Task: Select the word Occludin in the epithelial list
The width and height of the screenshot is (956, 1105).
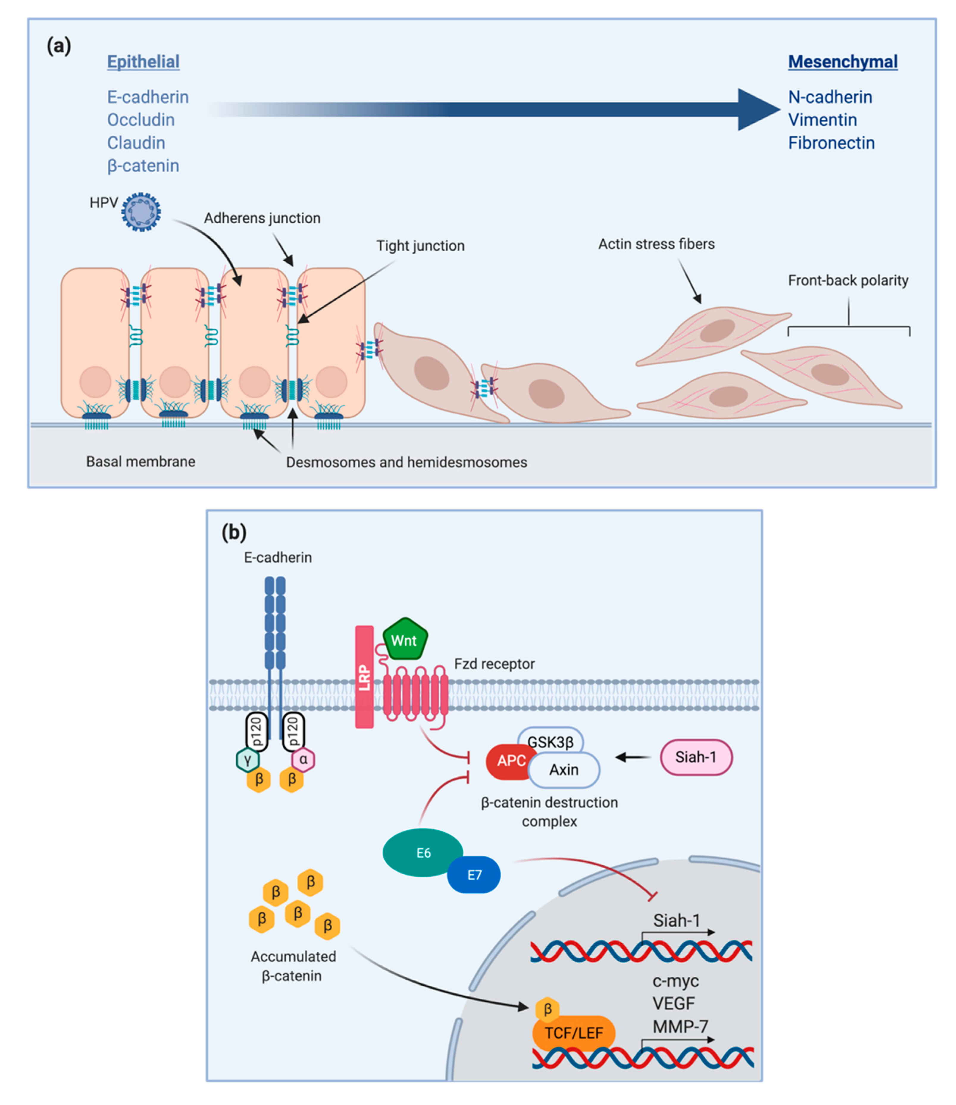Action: point(141,120)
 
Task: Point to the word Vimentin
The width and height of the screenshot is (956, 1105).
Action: point(822,120)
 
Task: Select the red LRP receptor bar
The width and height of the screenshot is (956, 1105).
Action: point(364,677)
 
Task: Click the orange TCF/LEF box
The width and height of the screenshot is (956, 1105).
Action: point(573,1033)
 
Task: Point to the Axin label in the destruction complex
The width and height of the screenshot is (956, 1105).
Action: point(564,770)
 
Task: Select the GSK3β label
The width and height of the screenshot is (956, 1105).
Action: point(550,742)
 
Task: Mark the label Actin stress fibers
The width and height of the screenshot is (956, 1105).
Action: point(656,244)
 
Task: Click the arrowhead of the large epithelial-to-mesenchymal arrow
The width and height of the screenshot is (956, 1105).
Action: point(758,110)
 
